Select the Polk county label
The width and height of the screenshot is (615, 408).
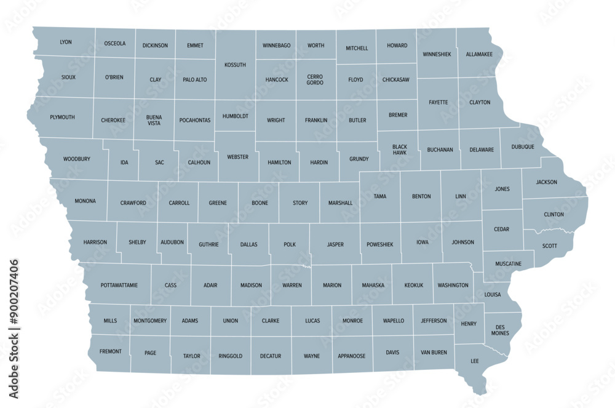pyautogui.click(x=290, y=244)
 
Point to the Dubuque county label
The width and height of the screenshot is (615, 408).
pyautogui.click(x=522, y=147)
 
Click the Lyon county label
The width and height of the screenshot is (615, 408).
pyautogui.click(x=66, y=42)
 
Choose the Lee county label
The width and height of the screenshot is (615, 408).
pyautogui.click(x=475, y=361)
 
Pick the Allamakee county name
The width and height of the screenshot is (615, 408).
pyautogui.click(x=478, y=54)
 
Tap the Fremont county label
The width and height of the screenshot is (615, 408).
pyautogui.click(x=110, y=351)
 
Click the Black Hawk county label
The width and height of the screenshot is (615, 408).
pyautogui.click(x=400, y=150)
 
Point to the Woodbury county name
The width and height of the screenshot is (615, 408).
pyautogui.click(x=77, y=159)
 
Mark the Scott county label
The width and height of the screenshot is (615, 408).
pyautogui.click(x=549, y=245)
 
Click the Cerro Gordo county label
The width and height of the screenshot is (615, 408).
pyautogui.click(x=315, y=79)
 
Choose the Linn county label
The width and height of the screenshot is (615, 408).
pyautogui.click(x=460, y=196)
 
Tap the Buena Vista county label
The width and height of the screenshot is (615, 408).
pyautogui.click(x=154, y=120)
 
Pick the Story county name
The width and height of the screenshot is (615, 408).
pyautogui.click(x=300, y=202)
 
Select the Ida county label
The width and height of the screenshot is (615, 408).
pyautogui.click(x=124, y=162)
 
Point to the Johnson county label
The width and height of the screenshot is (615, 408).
pyautogui.click(x=463, y=242)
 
